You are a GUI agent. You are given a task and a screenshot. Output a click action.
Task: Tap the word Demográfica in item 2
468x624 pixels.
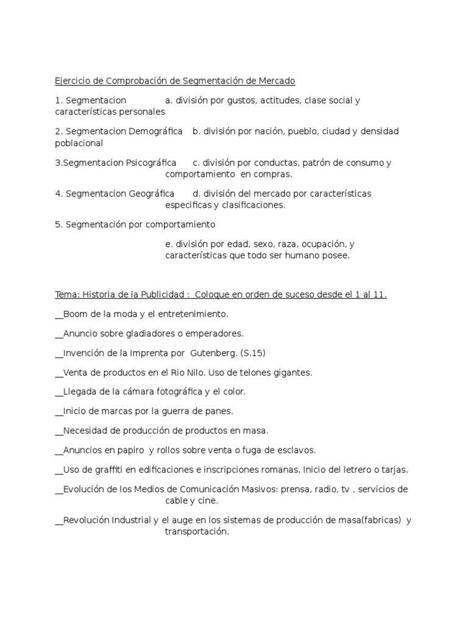click(x=155, y=131)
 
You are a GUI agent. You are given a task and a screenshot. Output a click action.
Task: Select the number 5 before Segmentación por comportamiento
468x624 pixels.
click(x=58, y=225)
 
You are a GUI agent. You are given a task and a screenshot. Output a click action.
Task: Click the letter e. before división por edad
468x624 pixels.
click(x=168, y=244)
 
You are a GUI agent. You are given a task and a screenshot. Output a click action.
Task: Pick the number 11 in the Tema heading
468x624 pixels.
click(x=380, y=295)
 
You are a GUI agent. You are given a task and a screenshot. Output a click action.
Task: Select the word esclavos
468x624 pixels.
click(x=295, y=450)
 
